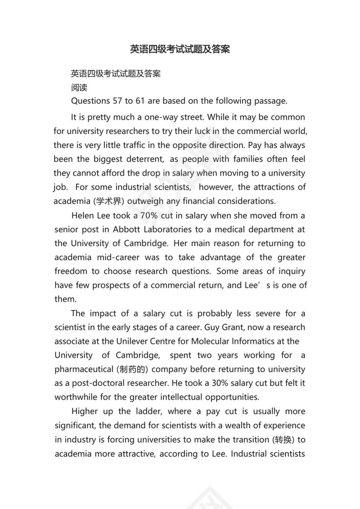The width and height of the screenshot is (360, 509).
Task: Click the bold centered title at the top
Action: [x=180, y=49]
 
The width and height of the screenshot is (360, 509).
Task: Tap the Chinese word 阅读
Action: [x=79, y=87]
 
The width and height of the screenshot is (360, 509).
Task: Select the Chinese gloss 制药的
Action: [x=129, y=369]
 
